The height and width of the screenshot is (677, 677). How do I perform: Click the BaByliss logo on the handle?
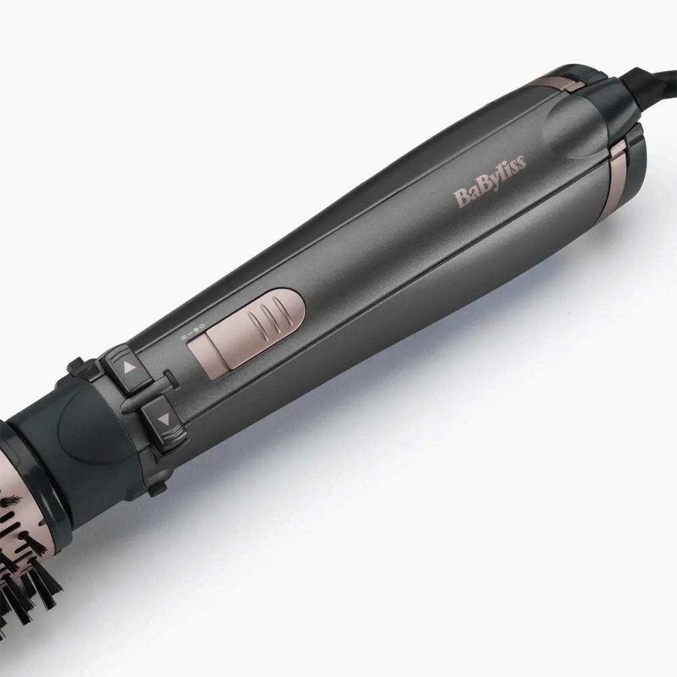(x=489, y=181)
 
